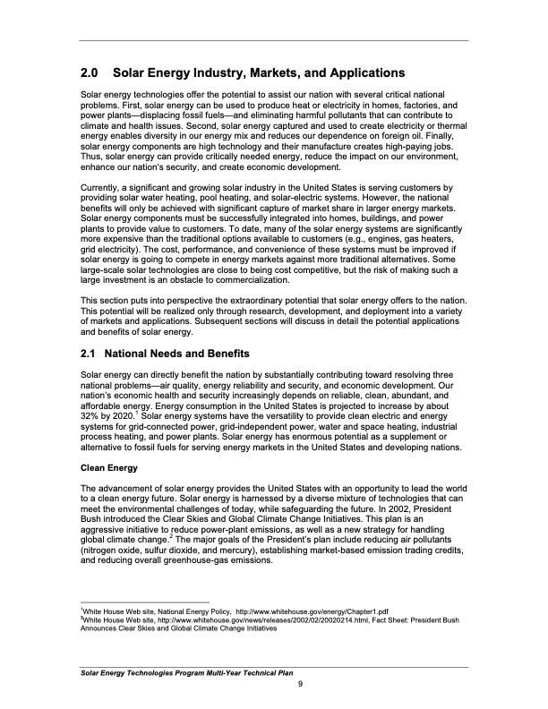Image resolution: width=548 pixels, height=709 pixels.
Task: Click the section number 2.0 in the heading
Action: pyautogui.click(x=90, y=73)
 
